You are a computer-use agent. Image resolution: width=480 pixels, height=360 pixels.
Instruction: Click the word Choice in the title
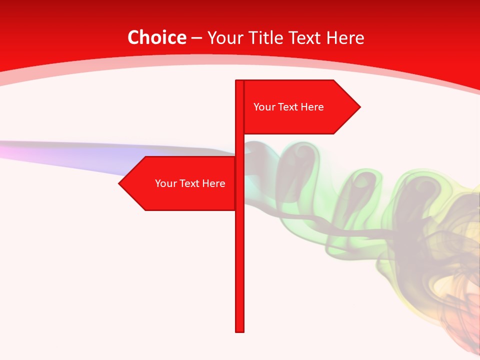pyautogui.click(x=156, y=37)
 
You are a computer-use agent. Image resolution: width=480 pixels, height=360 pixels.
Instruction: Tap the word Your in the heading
pyautogui.click(x=224, y=37)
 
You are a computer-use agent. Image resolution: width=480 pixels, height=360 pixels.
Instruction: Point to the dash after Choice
pyautogui.click(x=196, y=38)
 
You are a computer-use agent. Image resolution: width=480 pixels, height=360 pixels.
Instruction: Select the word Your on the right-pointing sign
pyautogui.click(x=263, y=107)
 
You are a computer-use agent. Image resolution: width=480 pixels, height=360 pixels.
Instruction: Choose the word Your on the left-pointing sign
pyautogui.click(x=165, y=183)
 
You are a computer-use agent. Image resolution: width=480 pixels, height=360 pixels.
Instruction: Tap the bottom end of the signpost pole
pyautogui.click(x=239, y=330)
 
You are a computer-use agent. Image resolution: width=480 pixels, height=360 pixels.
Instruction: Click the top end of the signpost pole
pyautogui.click(x=239, y=81)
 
